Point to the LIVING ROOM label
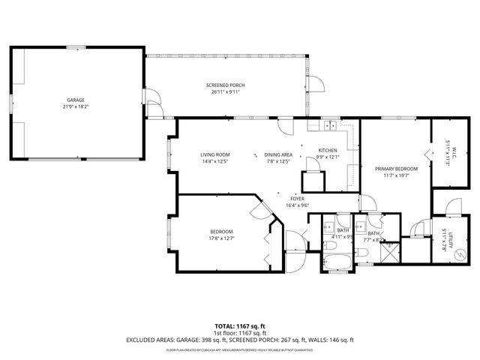pyautogui.click(x=214, y=154)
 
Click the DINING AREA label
pyautogui.click(x=278, y=154)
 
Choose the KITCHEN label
pyautogui.click(x=328, y=151)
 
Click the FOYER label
pyautogui.click(x=298, y=198)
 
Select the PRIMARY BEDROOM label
pyautogui.click(x=396, y=169)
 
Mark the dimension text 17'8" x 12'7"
pyautogui.click(x=221, y=238)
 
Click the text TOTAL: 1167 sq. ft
pyautogui.click(x=239, y=325)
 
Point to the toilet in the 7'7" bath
pyautogui.click(x=361, y=256)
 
